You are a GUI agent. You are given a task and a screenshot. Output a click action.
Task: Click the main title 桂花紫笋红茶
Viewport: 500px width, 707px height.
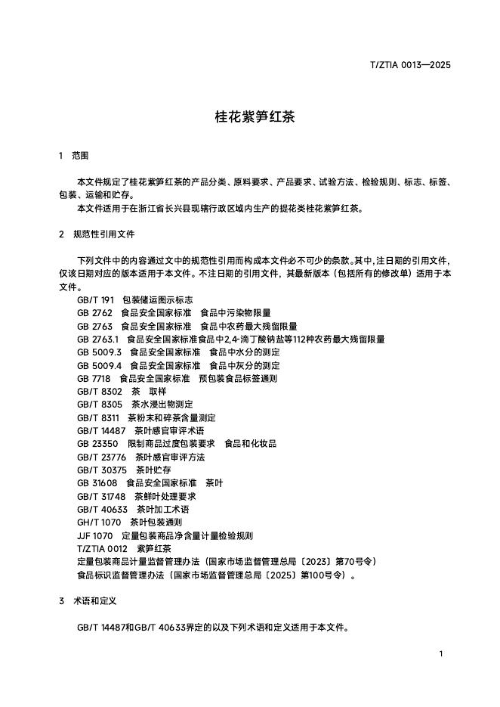point(249,117)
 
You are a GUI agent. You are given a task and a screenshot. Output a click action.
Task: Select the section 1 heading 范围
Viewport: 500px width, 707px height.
point(80,156)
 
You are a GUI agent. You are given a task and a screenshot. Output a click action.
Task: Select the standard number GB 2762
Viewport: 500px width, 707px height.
point(94,312)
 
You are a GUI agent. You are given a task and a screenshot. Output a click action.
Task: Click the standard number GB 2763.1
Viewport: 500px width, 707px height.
point(98,340)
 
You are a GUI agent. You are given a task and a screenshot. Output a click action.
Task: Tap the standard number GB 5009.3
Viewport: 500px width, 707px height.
point(99,352)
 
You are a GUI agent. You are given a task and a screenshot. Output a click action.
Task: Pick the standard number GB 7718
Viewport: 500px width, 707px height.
point(94,378)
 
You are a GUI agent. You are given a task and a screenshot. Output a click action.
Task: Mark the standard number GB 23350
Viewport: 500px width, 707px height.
point(97,444)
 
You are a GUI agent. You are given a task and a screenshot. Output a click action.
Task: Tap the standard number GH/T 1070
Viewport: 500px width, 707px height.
point(99,522)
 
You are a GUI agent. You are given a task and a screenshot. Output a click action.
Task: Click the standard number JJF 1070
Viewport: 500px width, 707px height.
point(94,535)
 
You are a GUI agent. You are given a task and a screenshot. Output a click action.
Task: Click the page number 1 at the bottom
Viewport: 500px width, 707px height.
point(440,653)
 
